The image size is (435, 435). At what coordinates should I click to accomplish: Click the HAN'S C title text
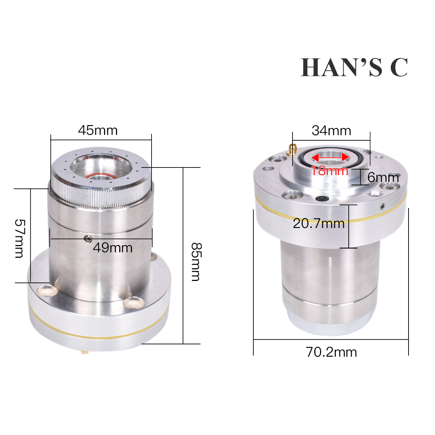tap(354, 68)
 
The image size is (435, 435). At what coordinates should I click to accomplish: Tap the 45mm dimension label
tap(98, 130)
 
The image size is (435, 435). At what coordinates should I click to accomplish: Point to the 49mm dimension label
tap(112, 248)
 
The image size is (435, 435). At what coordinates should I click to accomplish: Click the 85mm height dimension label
tap(196, 261)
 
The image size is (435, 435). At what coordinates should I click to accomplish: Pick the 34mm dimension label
tap(331, 130)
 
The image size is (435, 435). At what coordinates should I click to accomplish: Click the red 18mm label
tap(330, 170)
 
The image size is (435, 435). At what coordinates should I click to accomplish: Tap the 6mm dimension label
tap(383, 178)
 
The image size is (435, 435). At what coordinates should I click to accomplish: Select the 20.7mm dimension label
tap(319, 223)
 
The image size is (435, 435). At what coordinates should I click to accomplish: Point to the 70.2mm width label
tap(331, 352)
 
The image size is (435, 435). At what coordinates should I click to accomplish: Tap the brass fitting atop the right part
tap(292, 149)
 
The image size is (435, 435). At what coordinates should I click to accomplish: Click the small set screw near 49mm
tap(87, 238)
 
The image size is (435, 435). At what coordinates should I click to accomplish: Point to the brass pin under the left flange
tap(84, 351)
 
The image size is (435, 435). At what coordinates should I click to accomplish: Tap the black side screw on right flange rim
tap(383, 207)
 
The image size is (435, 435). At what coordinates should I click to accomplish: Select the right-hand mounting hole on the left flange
tap(134, 302)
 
